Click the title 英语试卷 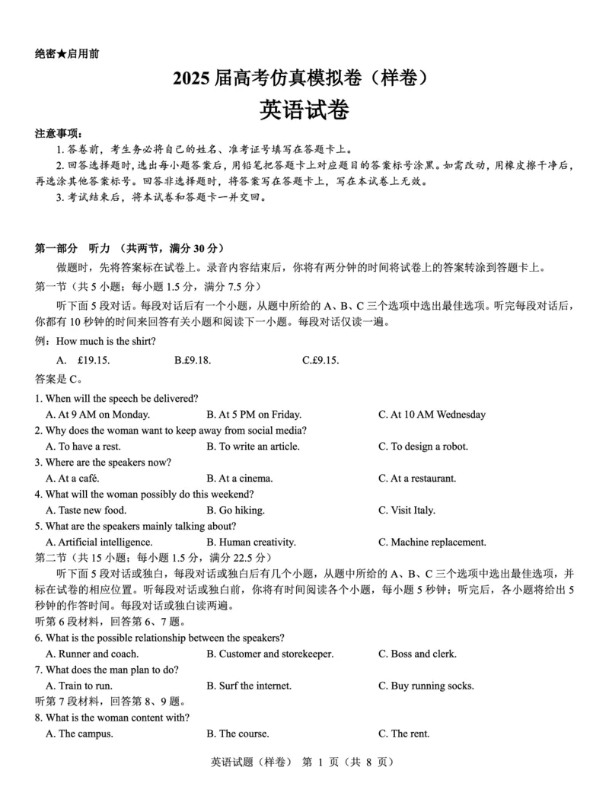click(304, 111)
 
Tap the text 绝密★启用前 click(67, 54)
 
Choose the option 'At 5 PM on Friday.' click(253, 415)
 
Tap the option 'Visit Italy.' click(407, 511)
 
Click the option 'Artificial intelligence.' click(99, 543)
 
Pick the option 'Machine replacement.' click(432, 543)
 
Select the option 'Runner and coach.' click(92, 654)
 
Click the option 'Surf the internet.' click(249, 686)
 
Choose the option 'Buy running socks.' click(426, 686)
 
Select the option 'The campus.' click(80, 734)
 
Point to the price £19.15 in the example click(94, 360)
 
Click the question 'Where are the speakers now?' click(103, 463)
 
